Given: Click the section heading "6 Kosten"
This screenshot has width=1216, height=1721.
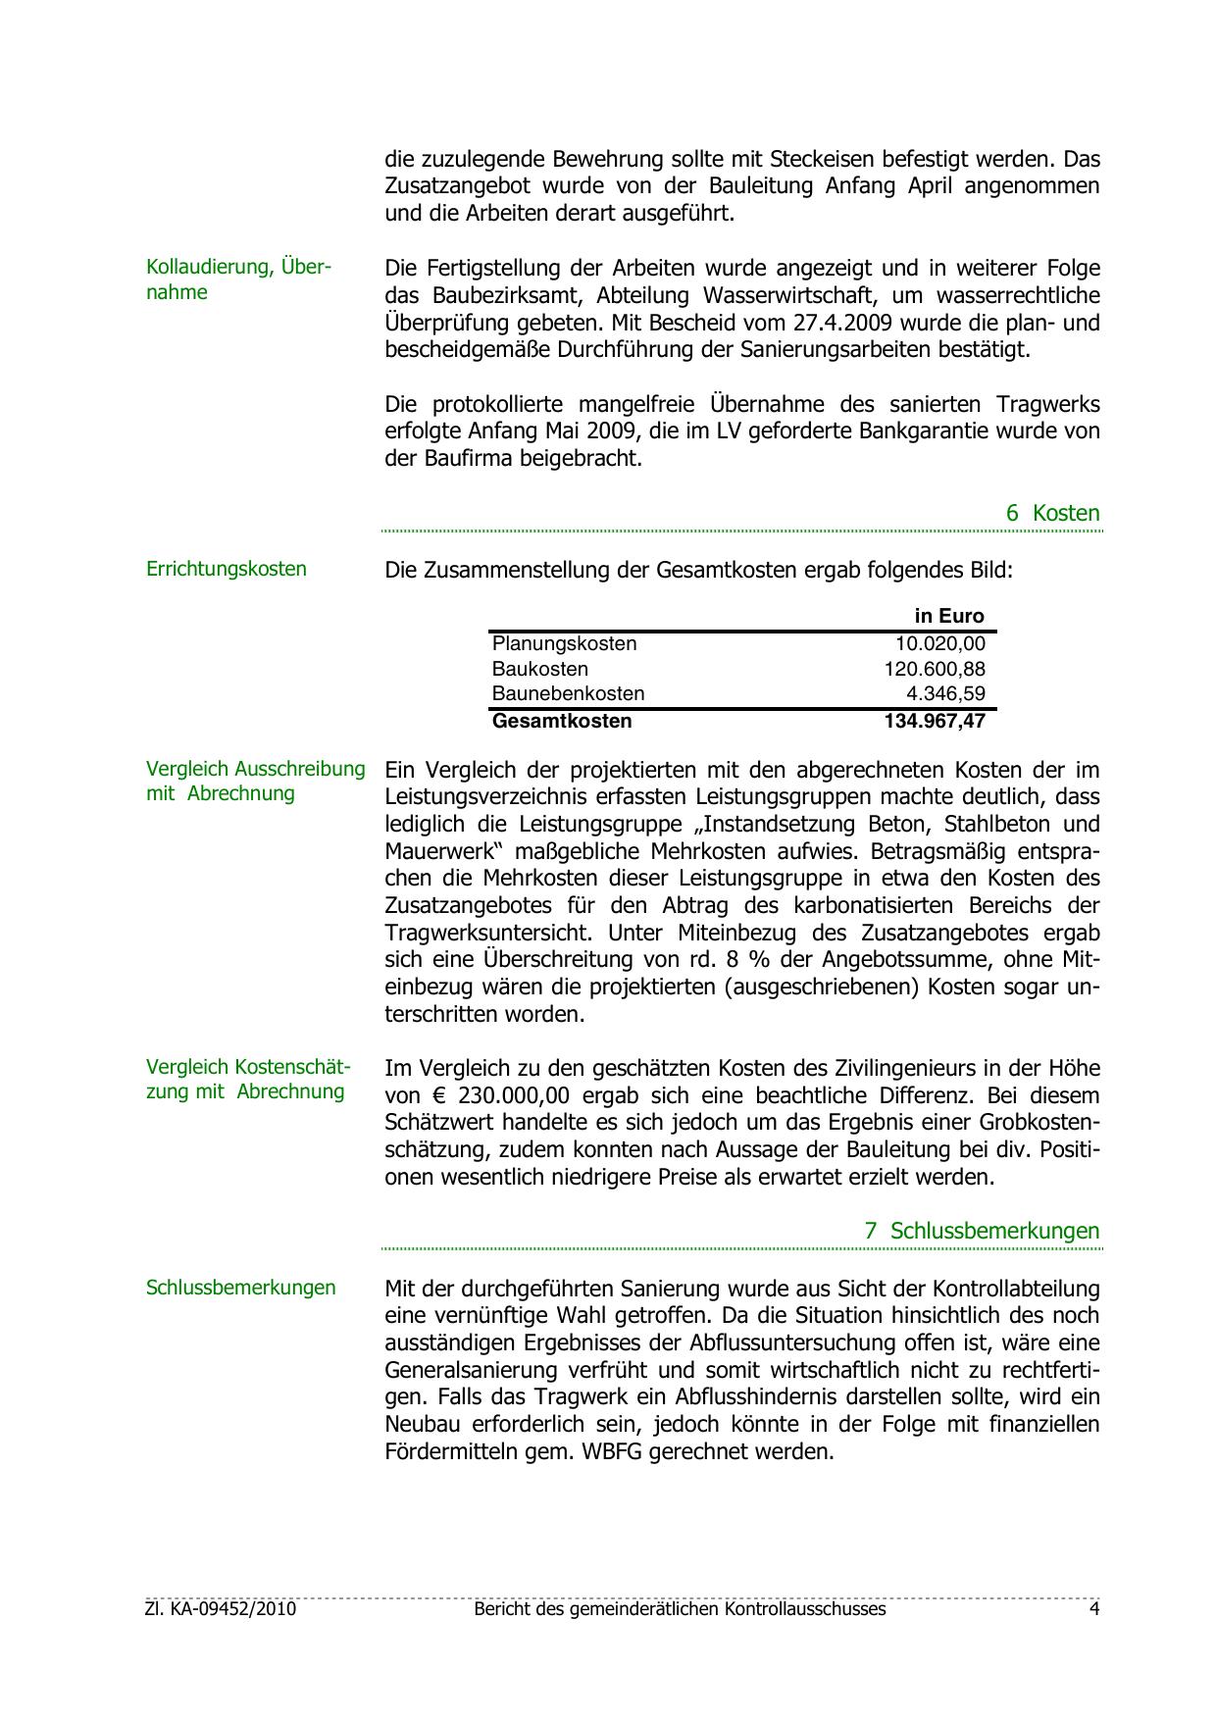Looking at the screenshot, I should (x=1052, y=513).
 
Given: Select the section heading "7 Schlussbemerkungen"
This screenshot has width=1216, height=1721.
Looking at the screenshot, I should (x=982, y=1231).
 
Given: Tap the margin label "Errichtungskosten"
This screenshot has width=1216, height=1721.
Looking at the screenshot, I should (x=227, y=569).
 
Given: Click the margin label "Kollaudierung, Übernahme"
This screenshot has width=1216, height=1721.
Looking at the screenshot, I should (x=238, y=279).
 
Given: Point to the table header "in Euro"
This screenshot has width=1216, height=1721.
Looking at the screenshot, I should (x=948, y=616).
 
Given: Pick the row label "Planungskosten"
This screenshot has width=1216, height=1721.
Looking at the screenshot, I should (x=564, y=643).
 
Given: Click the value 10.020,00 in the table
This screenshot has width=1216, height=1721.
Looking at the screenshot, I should (x=939, y=643).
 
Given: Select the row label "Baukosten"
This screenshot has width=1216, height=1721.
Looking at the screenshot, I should (x=540, y=669).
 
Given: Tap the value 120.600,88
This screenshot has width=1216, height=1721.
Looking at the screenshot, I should (x=934, y=669).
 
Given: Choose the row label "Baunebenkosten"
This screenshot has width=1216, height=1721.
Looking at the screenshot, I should (x=568, y=693).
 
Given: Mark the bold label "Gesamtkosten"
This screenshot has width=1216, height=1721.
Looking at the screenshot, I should (x=562, y=721).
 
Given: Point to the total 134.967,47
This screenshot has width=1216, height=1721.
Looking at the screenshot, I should (x=934, y=721).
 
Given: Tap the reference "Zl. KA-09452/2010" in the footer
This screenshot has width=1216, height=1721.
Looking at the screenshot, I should (x=221, y=1609).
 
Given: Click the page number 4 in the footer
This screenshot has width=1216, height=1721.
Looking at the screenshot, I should (x=1093, y=1609).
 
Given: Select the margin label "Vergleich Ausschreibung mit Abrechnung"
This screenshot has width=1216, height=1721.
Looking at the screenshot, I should (x=255, y=782).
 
